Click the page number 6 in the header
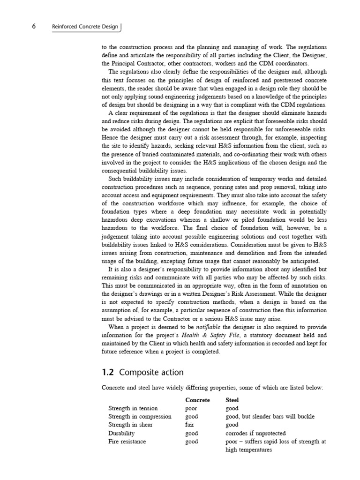coord(34,27)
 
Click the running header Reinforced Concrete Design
coord(85,27)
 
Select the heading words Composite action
coord(151,373)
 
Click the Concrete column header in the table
coord(197,400)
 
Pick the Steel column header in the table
coord(232,400)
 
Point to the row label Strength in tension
coord(133,408)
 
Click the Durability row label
coord(121,433)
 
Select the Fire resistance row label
coord(127,442)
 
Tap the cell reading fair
coord(190,425)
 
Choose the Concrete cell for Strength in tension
coord(191,408)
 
